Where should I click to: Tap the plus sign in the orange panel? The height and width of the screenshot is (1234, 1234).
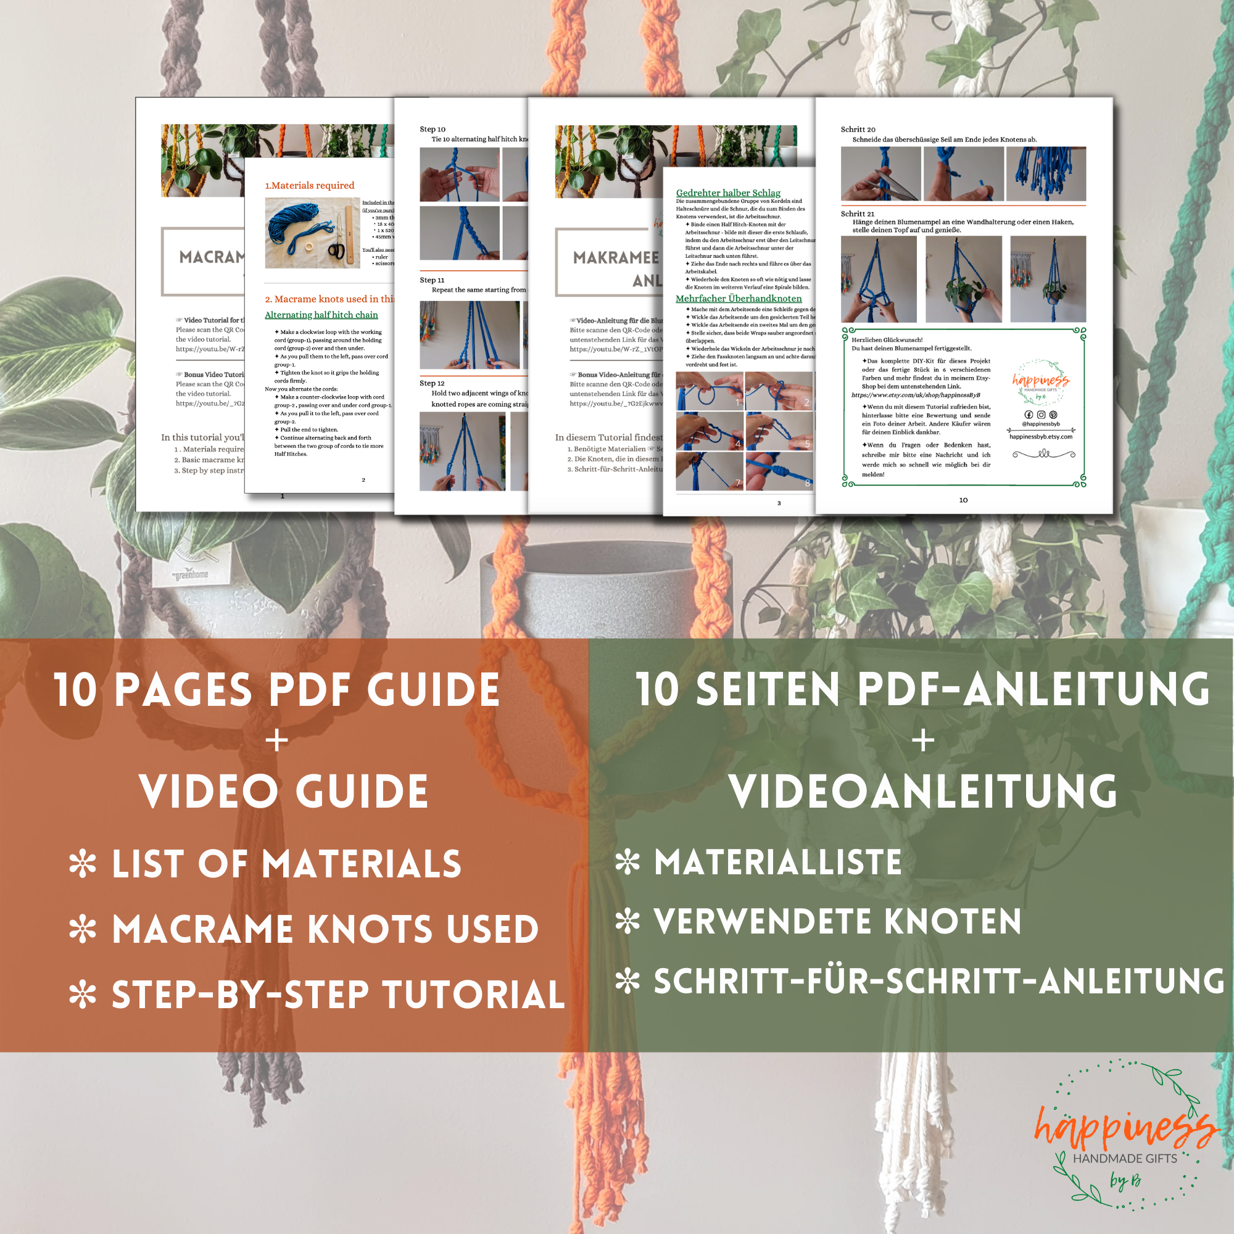(x=276, y=741)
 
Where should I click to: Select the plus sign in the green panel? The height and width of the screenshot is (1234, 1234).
(x=923, y=741)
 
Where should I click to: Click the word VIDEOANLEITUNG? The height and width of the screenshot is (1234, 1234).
(x=923, y=792)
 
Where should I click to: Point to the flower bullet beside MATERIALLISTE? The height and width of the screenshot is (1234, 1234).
(x=627, y=863)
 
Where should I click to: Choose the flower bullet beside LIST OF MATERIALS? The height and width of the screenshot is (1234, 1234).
(x=83, y=864)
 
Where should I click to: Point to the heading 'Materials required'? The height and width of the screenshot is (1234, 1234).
(x=310, y=185)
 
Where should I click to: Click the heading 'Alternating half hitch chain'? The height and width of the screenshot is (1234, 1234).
(x=321, y=315)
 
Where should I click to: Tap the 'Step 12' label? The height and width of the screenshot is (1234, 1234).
(x=432, y=383)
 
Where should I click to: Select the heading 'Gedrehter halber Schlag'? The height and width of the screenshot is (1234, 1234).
(x=728, y=193)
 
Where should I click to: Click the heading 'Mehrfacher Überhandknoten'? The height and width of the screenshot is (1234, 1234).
(x=739, y=298)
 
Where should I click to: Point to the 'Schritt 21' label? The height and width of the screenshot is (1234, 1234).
(x=857, y=214)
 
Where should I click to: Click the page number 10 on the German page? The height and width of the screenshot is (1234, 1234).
(x=963, y=500)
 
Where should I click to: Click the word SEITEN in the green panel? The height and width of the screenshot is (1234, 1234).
(x=767, y=690)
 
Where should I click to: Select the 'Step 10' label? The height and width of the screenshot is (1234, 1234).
(x=433, y=129)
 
